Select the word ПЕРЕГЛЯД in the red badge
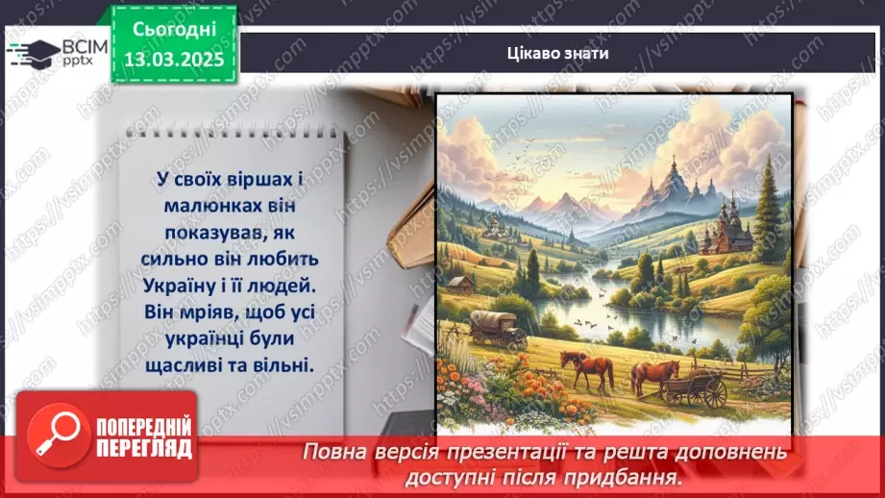point(144,449)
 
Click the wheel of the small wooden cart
point(714,392)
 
